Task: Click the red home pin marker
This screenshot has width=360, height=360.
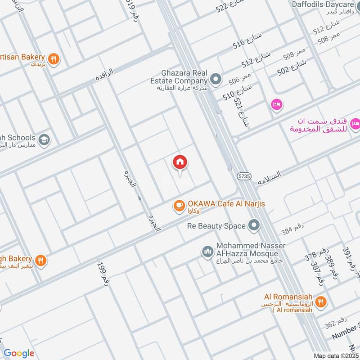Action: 180,163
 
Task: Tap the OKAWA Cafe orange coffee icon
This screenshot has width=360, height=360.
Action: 179,206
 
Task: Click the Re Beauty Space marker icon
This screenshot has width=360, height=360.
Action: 255,225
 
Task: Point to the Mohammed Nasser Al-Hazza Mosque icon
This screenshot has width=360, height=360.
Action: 207,251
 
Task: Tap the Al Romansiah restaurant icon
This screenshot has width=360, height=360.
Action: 321,302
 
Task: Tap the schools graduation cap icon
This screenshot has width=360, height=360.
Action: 44,139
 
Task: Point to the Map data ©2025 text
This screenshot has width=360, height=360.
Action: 336,356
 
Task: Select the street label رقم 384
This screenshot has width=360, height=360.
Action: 291,231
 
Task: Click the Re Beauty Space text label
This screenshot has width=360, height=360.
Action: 216,226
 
